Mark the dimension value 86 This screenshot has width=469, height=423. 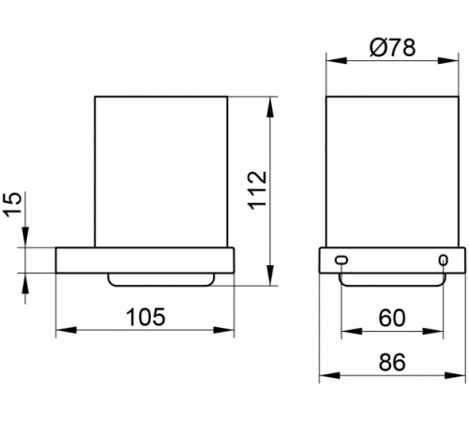(393, 362)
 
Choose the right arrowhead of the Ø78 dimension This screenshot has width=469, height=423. (454, 62)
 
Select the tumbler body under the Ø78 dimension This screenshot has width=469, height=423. (393, 169)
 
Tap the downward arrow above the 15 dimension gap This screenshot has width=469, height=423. (28, 240)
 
